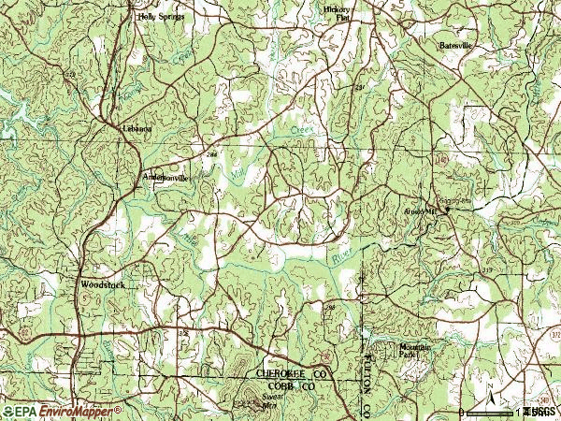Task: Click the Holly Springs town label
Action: point(160,17)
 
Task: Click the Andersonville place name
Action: point(165,176)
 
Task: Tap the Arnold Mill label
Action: point(420,211)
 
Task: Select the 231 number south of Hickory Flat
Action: point(358,89)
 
